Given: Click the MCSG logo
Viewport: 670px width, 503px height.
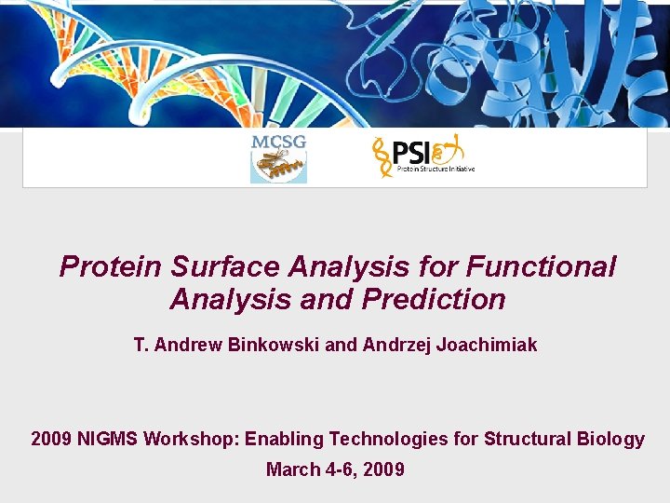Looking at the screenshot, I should tap(278, 158).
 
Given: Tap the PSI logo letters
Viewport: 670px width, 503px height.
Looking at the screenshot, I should tap(409, 152).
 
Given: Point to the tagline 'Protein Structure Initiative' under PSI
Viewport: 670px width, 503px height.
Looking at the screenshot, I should tap(435, 170).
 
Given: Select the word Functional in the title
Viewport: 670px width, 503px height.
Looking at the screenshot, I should tap(541, 266).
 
